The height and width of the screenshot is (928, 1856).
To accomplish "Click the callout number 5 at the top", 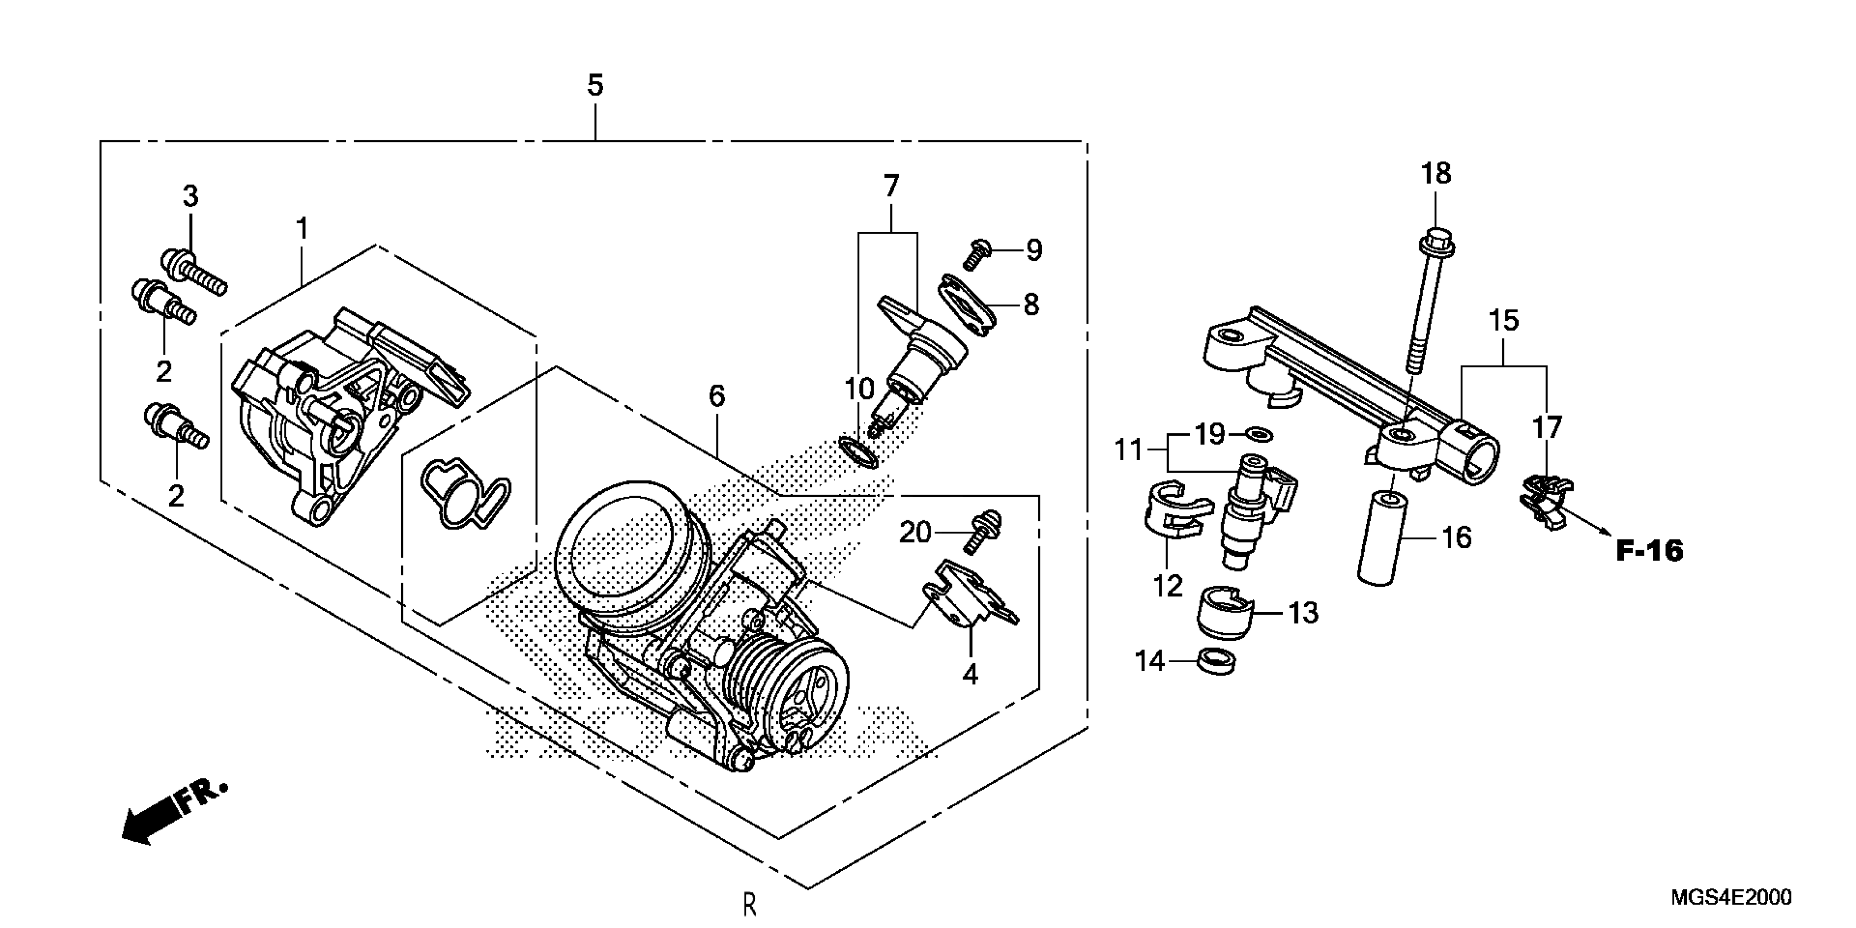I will [x=594, y=86].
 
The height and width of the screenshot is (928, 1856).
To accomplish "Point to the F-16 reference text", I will [x=1649, y=551].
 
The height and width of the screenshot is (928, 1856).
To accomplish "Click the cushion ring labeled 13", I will [x=1223, y=612].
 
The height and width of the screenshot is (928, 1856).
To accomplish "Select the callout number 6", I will [x=716, y=396].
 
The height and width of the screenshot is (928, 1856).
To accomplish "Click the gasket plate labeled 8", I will [x=966, y=305].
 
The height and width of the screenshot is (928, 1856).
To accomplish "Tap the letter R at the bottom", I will [x=749, y=904].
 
